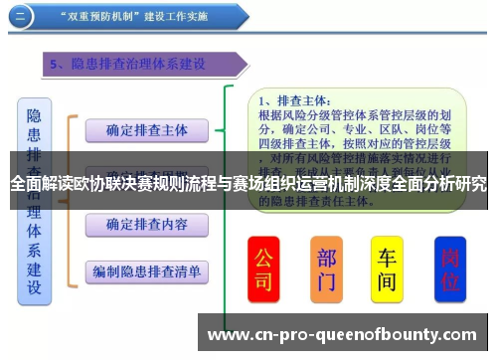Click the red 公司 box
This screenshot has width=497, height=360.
pos(263,269)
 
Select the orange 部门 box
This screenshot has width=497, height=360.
pos(327,269)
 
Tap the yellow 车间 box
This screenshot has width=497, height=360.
pos(387,269)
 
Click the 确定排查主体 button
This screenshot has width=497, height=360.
pos(146,129)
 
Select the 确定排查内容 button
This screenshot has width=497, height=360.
pos(146,225)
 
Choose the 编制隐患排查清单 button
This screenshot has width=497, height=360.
pos(146,270)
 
